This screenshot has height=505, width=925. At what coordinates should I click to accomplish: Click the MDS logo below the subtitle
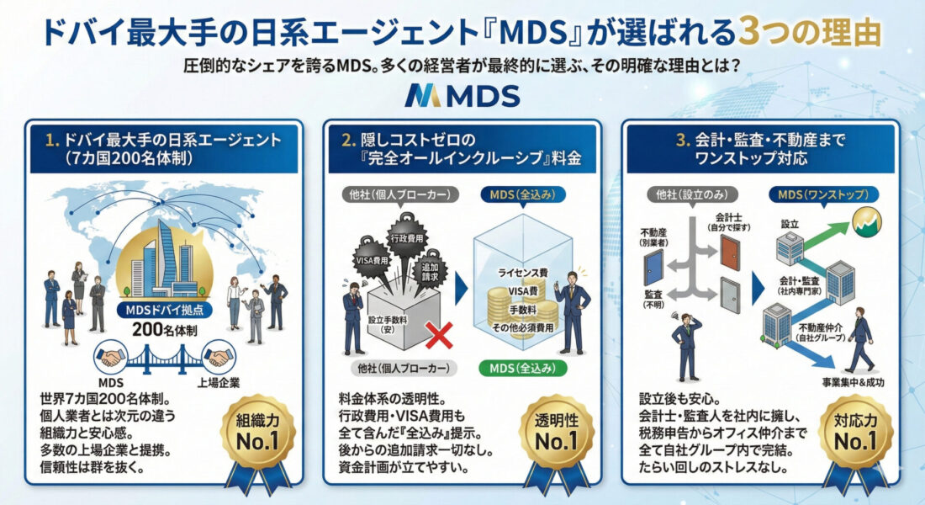(x=462, y=96)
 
